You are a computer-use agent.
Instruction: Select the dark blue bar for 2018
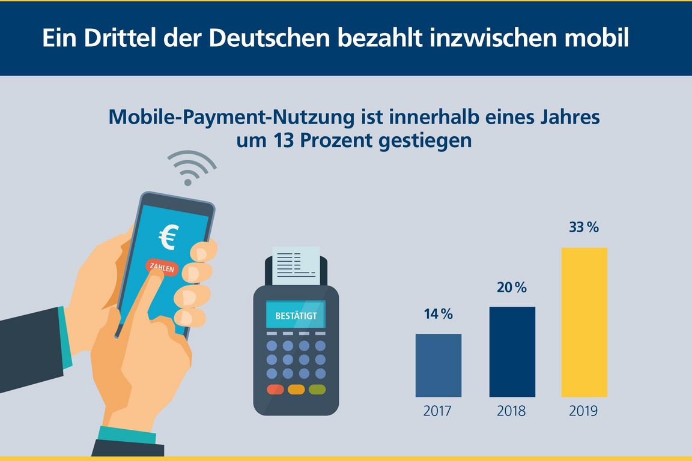[512, 352]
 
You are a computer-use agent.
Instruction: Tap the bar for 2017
[439, 365]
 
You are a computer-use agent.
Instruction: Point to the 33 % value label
[584, 228]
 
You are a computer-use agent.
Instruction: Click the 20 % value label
[512, 288]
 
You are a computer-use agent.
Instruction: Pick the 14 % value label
[439, 314]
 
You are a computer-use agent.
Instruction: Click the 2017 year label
[439, 412]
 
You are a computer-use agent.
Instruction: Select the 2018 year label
[512, 412]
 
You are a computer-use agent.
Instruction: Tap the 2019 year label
[584, 412]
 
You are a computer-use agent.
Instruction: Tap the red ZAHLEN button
[161, 268]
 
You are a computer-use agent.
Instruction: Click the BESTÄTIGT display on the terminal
[296, 315]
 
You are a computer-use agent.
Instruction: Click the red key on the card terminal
[275, 389]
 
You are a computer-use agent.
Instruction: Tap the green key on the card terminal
[317, 389]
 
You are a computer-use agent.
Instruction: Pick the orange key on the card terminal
[296, 389]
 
